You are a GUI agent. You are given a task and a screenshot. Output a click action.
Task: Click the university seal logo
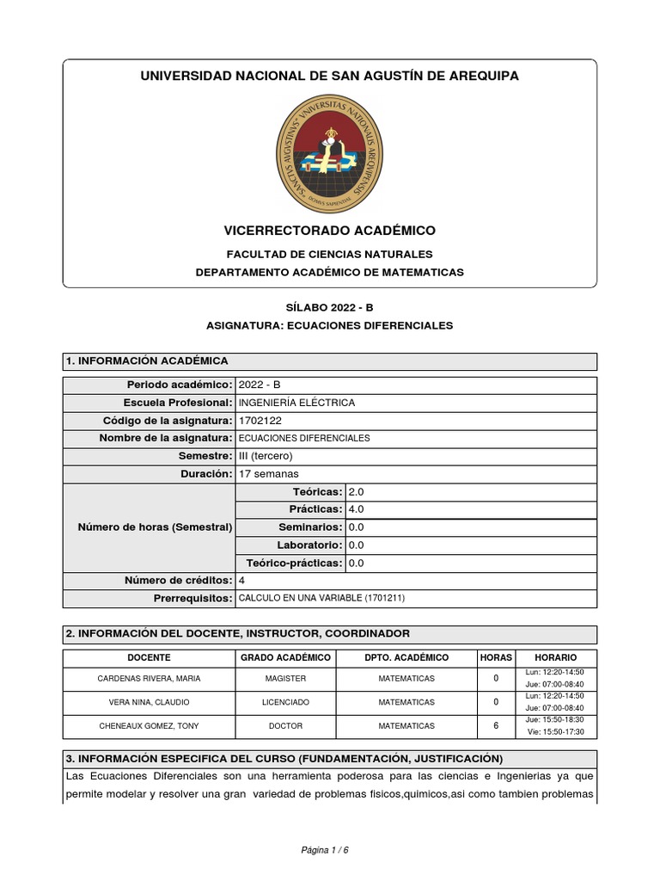(x=329, y=155)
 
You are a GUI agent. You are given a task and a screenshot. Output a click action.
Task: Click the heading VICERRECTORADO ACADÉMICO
(x=329, y=231)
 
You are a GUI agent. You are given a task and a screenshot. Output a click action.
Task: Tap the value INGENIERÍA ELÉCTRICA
(x=296, y=403)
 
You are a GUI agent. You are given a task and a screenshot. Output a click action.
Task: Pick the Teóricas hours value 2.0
(x=357, y=491)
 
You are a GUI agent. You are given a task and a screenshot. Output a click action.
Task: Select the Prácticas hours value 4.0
(x=357, y=509)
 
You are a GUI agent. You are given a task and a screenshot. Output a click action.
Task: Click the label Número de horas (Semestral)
(x=155, y=527)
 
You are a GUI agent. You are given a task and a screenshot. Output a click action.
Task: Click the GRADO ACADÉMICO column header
(x=286, y=657)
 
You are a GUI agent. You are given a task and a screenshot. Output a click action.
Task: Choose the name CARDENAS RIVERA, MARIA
(x=150, y=678)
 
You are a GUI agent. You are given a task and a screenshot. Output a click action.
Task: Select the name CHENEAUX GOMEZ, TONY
(x=150, y=726)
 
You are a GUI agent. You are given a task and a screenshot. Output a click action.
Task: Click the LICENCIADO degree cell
(x=286, y=702)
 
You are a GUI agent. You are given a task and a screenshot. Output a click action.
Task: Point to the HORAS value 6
(x=496, y=726)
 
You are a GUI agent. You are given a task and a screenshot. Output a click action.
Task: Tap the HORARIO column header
(x=556, y=657)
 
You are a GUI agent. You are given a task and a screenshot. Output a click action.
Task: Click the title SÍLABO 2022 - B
(x=329, y=307)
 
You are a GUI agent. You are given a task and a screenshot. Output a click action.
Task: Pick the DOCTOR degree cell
(x=286, y=726)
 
